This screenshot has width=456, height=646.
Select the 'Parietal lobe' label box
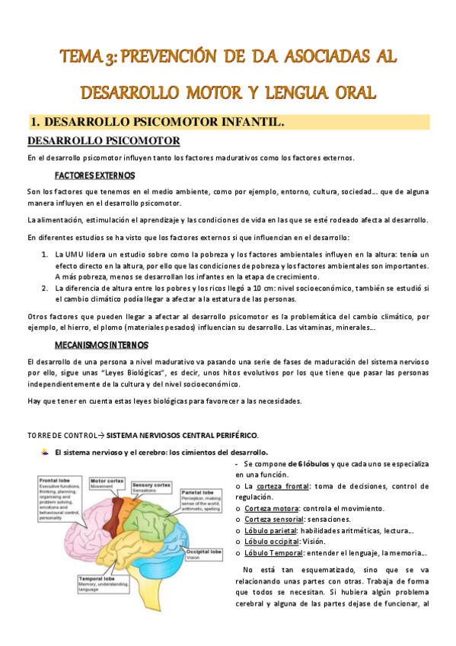[200, 504]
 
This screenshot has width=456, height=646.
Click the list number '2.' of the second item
[45, 288]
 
